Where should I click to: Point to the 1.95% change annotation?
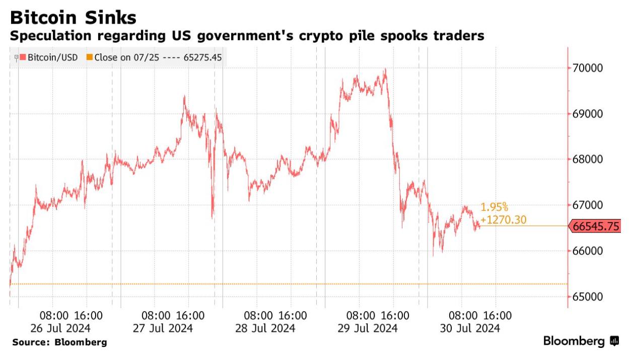click(495, 207)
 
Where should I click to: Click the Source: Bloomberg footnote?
click(59, 343)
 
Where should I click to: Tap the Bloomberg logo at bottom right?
click(581, 342)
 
